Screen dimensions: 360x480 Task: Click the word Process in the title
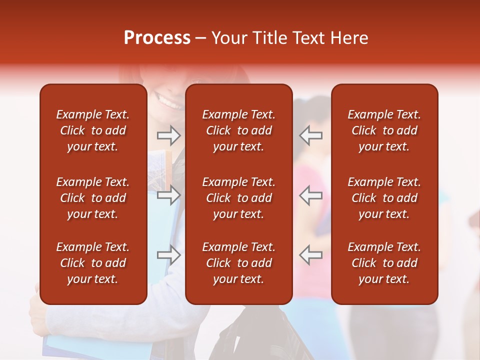(157, 38)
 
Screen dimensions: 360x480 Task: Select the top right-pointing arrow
(168, 135)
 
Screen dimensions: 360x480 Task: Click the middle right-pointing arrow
(168, 195)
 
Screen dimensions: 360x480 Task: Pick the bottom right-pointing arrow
(168, 255)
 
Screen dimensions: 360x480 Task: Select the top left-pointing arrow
(311, 135)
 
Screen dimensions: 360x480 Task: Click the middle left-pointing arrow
(311, 195)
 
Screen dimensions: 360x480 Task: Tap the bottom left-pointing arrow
(311, 255)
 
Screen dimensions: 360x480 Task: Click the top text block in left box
(93, 130)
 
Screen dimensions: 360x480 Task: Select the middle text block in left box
(93, 198)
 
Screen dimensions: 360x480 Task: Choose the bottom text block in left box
(93, 263)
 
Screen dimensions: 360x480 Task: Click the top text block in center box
(238, 130)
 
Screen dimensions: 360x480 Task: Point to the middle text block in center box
(238, 198)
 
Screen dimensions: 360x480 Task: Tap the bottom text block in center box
(238, 263)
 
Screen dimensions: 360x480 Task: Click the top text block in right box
(384, 130)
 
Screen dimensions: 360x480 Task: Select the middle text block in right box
(384, 198)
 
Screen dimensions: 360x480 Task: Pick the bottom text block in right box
(384, 263)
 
